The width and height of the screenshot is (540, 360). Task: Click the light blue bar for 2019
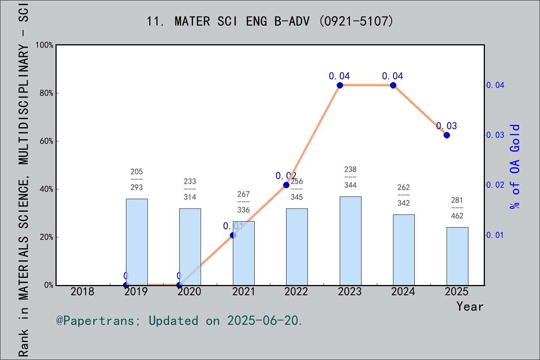click(x=136, y=242)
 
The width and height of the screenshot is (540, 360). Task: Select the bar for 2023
click(x=350, y=241)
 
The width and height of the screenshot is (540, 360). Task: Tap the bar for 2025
click(x=457, y=256)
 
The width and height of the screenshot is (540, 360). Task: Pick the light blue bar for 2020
click(x=190, y=247)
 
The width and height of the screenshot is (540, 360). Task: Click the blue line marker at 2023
click(x=340, y=85)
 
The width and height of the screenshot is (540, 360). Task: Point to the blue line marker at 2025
click(x=447, y=135)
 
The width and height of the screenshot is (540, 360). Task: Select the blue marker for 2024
click(x=393, y=85)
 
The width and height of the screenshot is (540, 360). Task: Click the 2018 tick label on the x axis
click(x=82, y=291)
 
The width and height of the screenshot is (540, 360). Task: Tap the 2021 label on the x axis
click(x=243, y=291)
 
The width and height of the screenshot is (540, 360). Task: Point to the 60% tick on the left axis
click(x=46, y=141)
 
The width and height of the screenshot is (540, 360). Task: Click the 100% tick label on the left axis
click(x=45, y=45)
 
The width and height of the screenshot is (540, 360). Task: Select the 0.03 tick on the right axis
click(x=495, y=135)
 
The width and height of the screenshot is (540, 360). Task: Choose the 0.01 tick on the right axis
click(x=495, y=235)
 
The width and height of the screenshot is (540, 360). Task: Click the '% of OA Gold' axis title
click(x=515, y=166)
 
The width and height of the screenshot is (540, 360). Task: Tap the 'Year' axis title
click(x=469, y=306)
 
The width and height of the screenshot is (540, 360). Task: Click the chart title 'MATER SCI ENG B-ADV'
click(x=270, y=21)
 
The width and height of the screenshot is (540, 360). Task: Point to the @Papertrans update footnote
click(x=179, y=321)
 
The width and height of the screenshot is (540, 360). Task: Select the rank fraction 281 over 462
click(x=457, y=208)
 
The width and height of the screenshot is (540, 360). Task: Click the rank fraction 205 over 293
click(x=136, y=179)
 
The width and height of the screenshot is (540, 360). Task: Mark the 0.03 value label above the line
click(x=447, y=126)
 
